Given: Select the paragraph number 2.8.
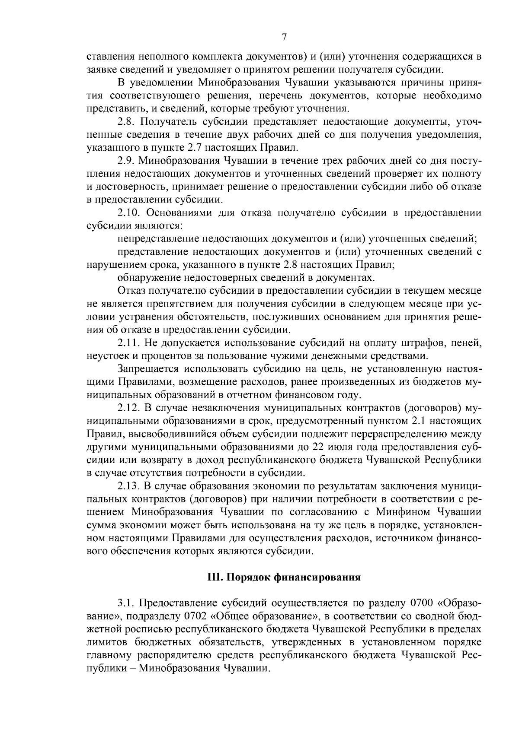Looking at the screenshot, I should tap(126, 123).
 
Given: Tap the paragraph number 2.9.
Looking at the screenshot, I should tap(126, 161).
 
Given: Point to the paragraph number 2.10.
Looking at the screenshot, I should tap(129, 213).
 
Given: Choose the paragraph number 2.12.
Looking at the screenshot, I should tap(129, 408).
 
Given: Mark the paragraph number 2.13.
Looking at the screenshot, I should tap(129, 486).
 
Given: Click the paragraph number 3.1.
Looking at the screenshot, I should tap(126, 603).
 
